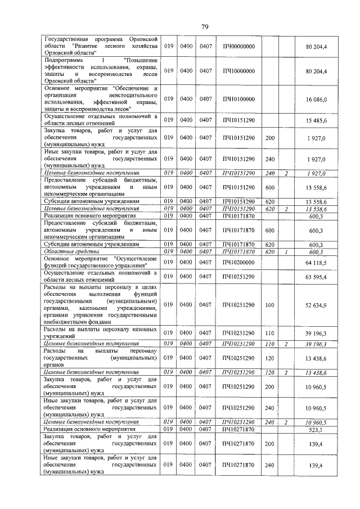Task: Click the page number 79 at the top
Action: tap(205, 26)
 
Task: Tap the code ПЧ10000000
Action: tap(238, 71)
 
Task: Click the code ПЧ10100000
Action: tap(238, 99)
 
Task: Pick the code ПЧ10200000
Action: tap(238, 262)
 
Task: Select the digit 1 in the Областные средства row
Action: tap(286, 252)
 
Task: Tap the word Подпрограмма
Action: tap(62, 59)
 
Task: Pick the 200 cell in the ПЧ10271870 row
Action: tap(269, 443)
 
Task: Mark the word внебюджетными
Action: tap(66, 322)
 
